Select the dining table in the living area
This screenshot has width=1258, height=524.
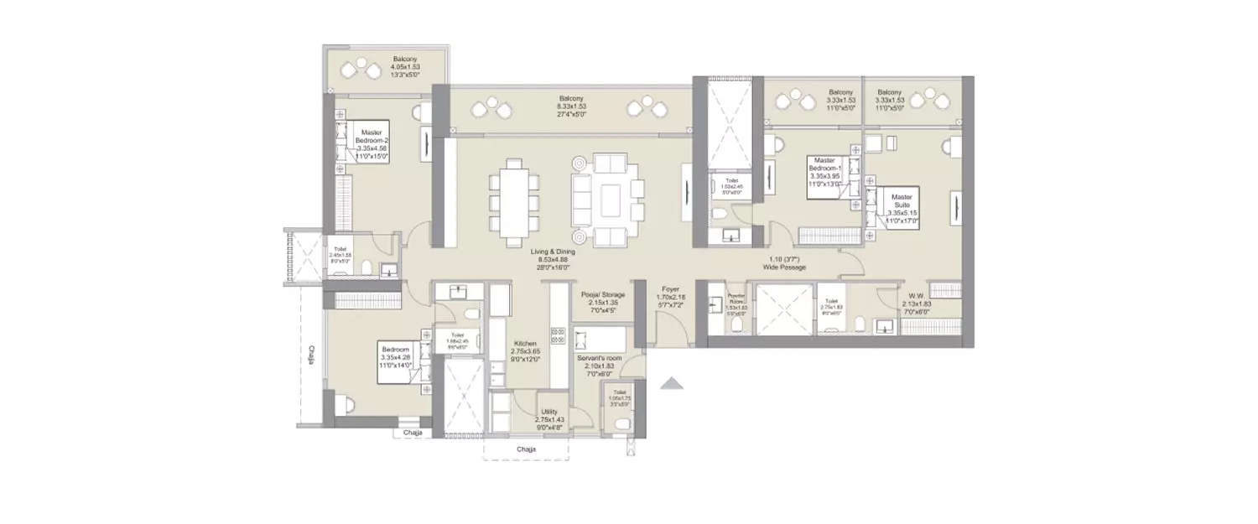click(513, 204)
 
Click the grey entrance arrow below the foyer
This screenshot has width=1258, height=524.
click(671, 384)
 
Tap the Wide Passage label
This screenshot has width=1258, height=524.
click(784, 262)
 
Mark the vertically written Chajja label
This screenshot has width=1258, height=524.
click(311, 355)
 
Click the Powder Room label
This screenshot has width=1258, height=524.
click(736, 302)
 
